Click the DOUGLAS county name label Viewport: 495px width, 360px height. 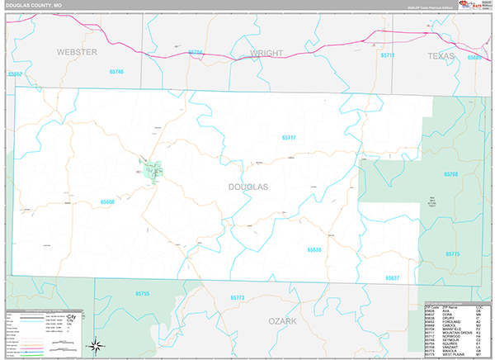point(247,187)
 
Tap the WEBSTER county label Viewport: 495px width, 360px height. point(77,52)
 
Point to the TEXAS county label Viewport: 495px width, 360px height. point(441,55)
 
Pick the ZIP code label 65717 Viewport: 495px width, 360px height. point(289,138)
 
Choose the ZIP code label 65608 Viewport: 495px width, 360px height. point(107,201)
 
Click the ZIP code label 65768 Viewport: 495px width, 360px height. point(450,174)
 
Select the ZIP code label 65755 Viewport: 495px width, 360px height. point(142,294)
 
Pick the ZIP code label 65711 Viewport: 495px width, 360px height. point(388,55)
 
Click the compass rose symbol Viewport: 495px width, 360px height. point(97,345)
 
